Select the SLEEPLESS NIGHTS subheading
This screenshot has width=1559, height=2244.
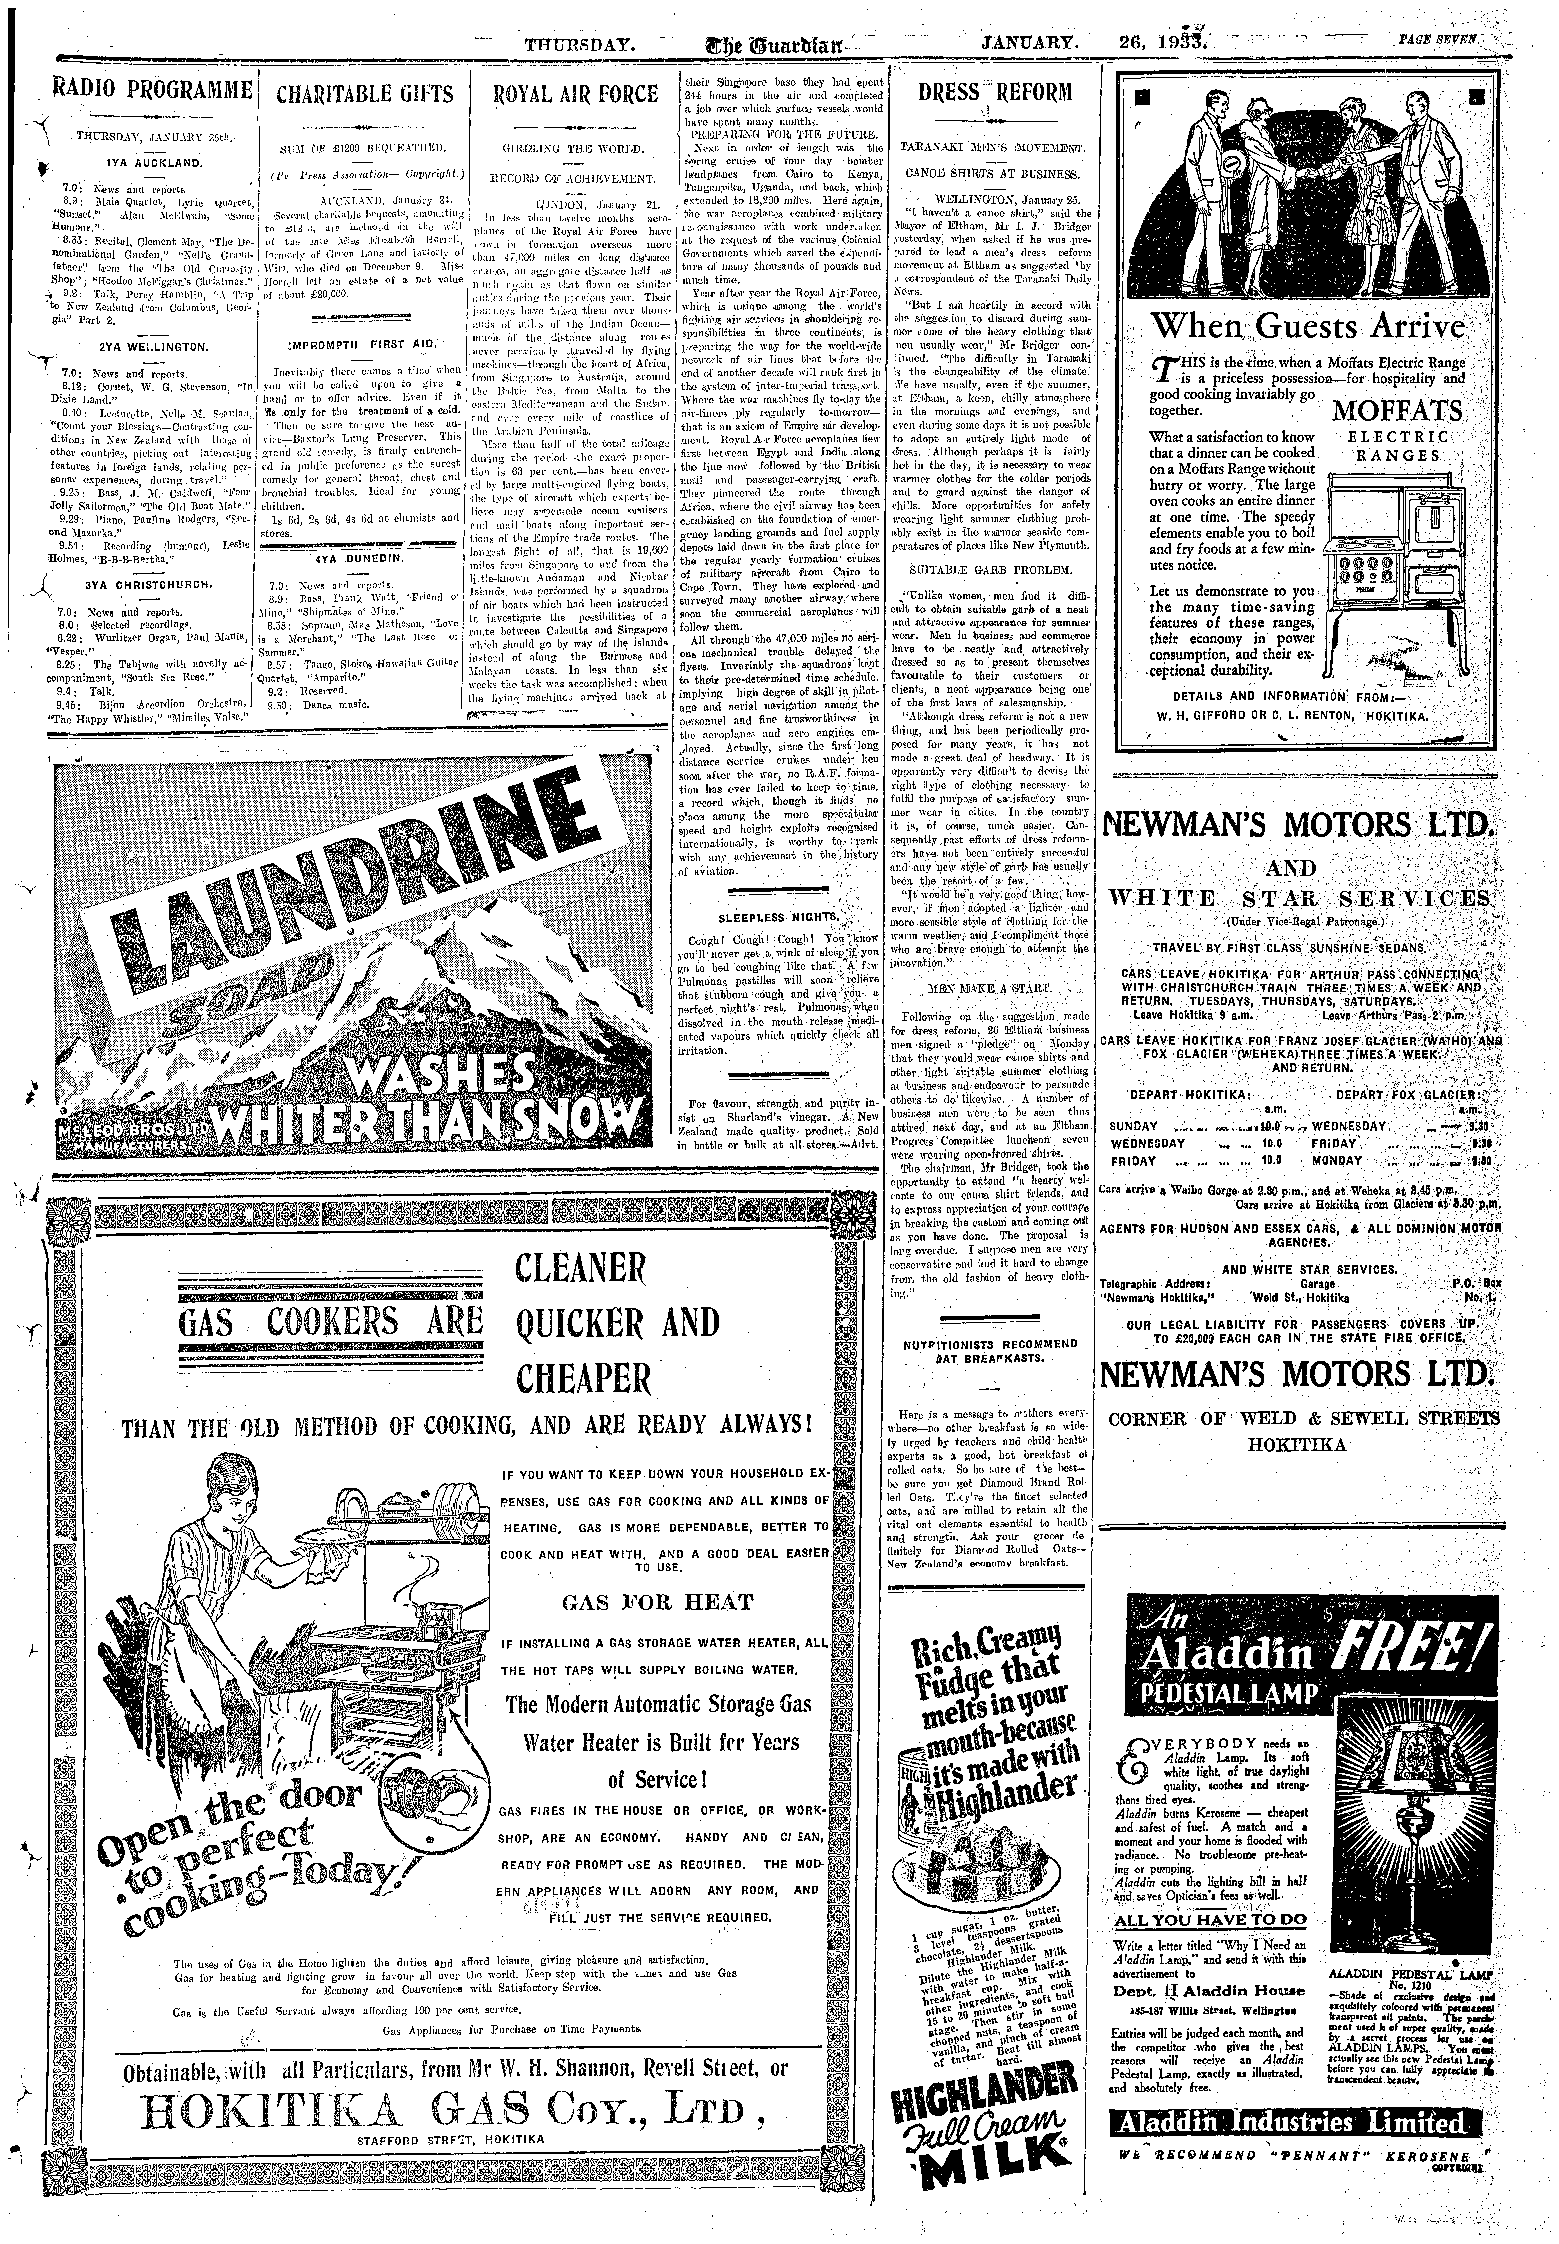(778, 918)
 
